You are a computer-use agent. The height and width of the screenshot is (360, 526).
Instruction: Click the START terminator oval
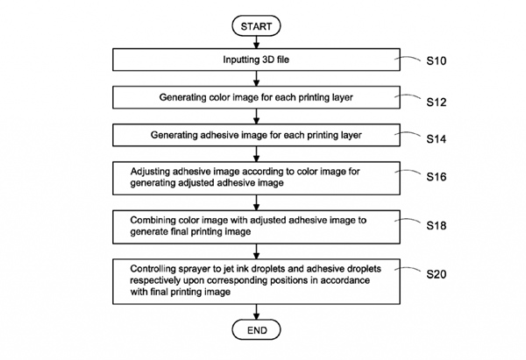[256, 27]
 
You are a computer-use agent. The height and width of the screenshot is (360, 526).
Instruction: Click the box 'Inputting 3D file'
[256, 60]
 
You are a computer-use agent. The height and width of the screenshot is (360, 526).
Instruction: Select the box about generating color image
[256, 97]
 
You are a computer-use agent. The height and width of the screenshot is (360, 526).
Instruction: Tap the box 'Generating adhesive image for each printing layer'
[256, 135]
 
